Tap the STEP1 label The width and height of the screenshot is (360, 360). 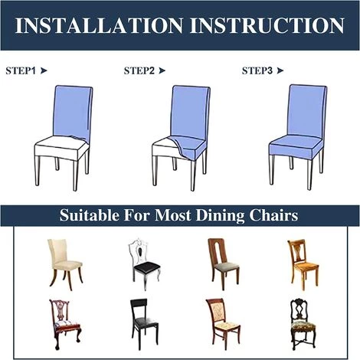tap(21, 70)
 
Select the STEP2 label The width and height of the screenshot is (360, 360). tap(139, 70)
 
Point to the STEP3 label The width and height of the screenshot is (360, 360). tap(257, 70)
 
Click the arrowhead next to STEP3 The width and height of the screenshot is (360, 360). tap(280, 70)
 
